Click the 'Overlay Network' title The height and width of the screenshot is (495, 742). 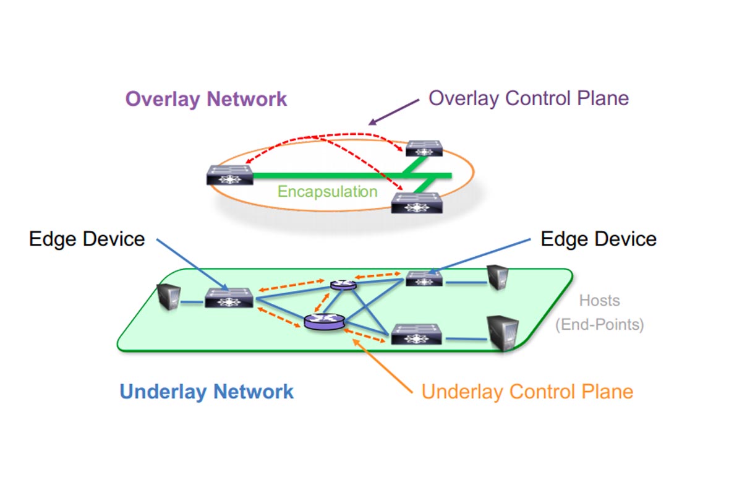[x=207, y=99]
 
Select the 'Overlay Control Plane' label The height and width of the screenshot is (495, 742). [x=529, y=98]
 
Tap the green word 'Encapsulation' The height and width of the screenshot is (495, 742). [x=327, y=191]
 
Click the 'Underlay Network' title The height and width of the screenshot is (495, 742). [x=207, y=392]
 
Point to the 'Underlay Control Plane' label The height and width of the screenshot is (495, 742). [x=527, y=392]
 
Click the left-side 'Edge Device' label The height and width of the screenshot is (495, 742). [x=87, y=239]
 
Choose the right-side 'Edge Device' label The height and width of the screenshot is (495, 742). [x=599, y=239]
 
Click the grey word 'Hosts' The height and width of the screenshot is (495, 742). [x=599, y=301]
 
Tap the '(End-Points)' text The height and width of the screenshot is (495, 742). [x=599, y=325]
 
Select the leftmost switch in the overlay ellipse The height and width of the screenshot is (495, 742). [x=230, y=174]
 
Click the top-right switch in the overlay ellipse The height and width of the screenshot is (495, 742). [x=424, y=148]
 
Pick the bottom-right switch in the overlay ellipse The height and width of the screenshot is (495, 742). [x=417, y=203]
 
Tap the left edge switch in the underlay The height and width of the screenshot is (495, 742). [x=230, y=298]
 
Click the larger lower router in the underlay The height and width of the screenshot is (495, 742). [x=324, y=321]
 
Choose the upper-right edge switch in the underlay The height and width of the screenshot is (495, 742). [x=424, y=279]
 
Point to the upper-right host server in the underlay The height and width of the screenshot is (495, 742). [x=498, y=277]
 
